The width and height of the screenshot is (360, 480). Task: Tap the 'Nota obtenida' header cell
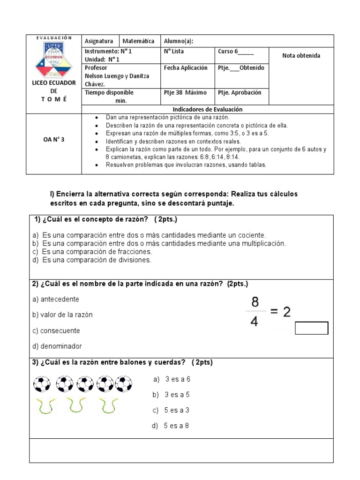301,56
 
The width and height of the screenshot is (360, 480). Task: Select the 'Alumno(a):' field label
178,41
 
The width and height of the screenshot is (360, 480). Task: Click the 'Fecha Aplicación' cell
186,68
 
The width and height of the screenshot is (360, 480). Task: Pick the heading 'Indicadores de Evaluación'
208,109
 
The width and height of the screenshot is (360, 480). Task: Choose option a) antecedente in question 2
56,299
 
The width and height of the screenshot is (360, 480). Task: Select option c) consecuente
56,330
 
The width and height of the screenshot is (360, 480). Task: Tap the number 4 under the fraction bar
254,322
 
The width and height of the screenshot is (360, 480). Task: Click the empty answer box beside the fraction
311,328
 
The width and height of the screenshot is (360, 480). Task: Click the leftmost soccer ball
42,384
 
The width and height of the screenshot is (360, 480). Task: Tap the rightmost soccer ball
124,384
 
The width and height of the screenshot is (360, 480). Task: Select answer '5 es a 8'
170,426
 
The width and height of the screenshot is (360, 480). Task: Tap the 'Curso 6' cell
236,52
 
